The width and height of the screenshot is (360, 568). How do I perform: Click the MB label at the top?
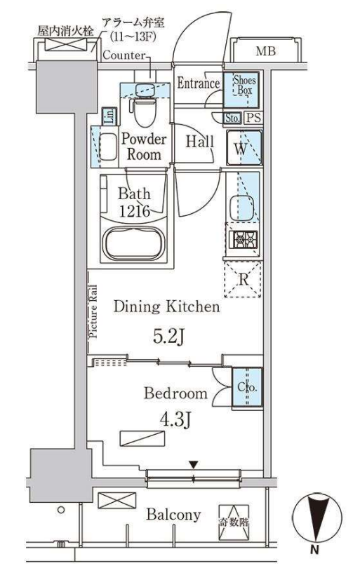266,51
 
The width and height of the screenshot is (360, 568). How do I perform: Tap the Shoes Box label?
244,84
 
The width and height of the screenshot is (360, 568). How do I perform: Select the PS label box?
253,118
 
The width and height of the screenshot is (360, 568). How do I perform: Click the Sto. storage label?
232,118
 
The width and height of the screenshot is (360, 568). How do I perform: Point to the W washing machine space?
244,148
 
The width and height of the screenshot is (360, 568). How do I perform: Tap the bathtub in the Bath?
134,243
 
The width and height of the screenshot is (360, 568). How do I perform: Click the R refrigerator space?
243,279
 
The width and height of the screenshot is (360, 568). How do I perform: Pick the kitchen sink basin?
241,208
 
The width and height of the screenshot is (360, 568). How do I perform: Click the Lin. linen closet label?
109,116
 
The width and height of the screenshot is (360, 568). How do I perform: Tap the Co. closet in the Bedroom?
247,387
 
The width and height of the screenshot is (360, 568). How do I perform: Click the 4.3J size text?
175,420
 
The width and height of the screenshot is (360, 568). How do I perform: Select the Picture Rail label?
93,311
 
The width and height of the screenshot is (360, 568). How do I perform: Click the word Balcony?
173,515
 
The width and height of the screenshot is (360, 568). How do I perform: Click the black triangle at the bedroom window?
194,464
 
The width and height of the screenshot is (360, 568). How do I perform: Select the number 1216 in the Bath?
135,210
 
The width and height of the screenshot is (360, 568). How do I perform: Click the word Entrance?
199,83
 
